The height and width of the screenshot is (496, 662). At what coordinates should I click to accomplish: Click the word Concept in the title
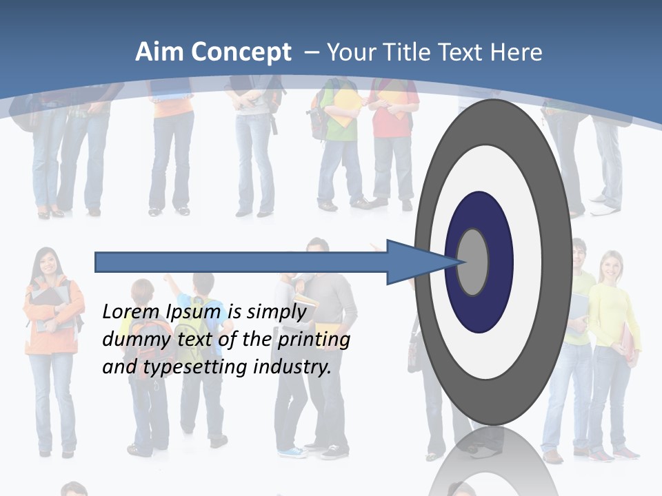(x=241, y=52)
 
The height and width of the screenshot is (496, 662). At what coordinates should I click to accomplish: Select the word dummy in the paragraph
(x=131, y=339)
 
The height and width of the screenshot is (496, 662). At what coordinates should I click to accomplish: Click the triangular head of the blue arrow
(x=414, y=262)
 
